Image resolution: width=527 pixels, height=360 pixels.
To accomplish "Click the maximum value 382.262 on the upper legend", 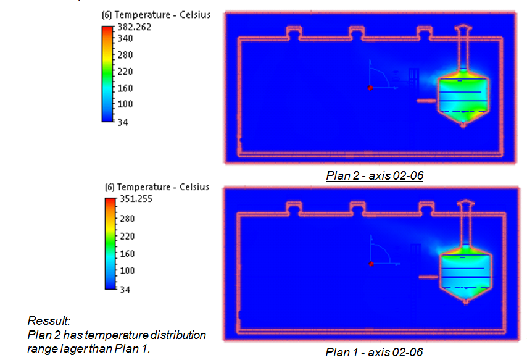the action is coord(134,27).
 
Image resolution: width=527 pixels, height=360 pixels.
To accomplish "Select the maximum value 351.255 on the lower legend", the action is coord(136,198).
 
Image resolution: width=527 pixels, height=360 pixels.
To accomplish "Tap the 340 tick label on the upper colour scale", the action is coord(125,38).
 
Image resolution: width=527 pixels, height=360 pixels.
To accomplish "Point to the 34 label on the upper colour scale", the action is coord(123,122).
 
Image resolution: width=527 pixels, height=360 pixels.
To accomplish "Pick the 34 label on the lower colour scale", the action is coord(125,290).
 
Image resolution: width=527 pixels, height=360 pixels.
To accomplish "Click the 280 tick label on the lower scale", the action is coord(127,219).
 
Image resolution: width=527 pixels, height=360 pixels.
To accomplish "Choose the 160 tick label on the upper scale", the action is coord(125,88).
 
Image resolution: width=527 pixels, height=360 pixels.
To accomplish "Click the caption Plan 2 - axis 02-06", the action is coord(375,175).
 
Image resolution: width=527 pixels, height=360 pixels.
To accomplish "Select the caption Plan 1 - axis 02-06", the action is coord(374,352).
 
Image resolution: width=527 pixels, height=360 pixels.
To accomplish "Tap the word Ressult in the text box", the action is coord(49,320).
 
